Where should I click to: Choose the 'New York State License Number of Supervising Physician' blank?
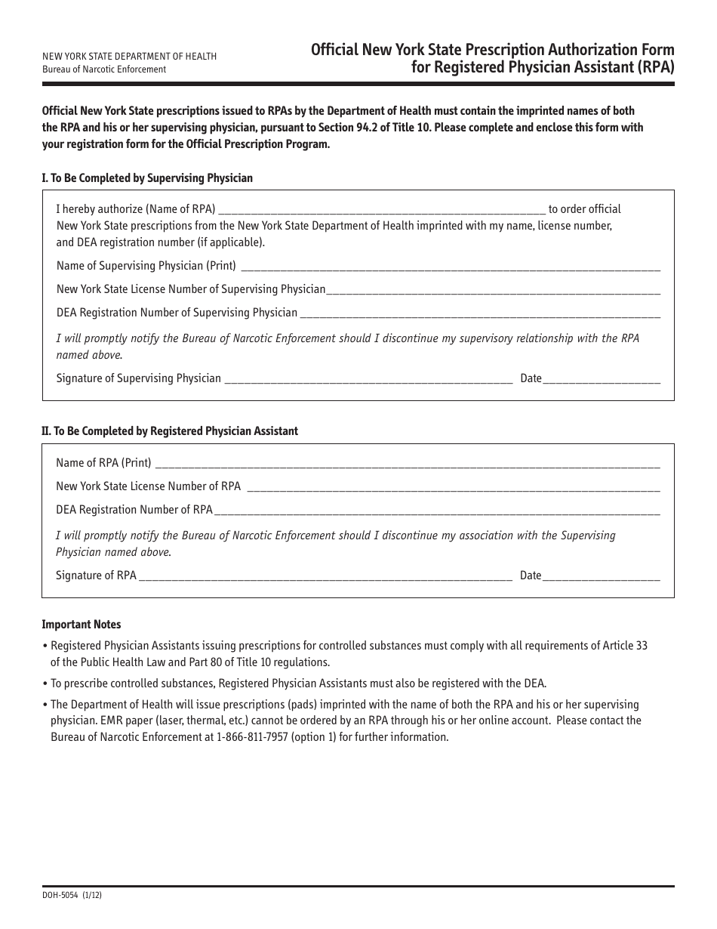point(494,290)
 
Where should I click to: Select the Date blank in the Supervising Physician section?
point(602,379)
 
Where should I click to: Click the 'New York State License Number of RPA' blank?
point(453,487)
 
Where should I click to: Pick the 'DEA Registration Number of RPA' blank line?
point(437,511)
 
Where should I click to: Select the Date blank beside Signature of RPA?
point(602,576)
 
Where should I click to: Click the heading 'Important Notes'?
point(81,625)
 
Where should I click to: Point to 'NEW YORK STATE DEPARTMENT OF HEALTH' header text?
point(129,57)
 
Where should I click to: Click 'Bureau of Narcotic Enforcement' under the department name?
point(104,69)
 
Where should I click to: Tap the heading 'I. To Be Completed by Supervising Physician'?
point(147,178)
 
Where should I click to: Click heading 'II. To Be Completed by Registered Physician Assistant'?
point(170,431)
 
